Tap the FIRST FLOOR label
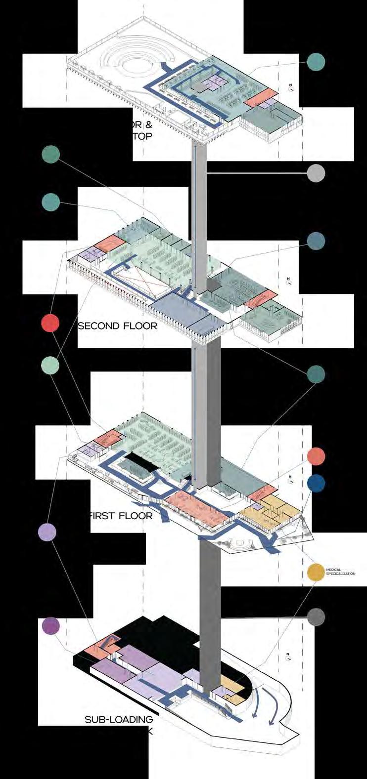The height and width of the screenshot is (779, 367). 121,516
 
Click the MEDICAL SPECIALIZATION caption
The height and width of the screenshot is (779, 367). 340,572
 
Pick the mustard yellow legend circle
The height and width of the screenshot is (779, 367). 316,572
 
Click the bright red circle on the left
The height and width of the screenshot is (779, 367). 50,324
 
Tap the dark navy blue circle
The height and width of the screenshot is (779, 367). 316,484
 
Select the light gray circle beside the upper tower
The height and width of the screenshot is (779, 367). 316,173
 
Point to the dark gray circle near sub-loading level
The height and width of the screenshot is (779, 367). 316,617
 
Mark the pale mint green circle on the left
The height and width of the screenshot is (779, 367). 50,365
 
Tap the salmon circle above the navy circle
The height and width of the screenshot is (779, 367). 316,456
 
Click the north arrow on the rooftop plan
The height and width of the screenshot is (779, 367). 291,89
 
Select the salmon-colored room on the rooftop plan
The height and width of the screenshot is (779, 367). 260,98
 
